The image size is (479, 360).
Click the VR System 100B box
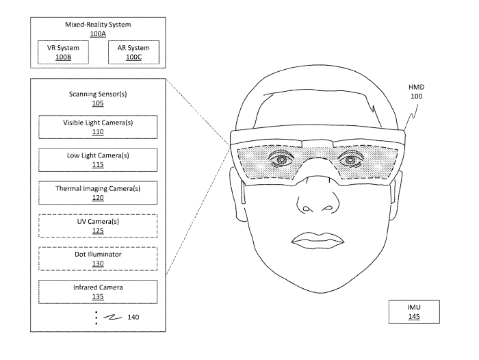[63, 52]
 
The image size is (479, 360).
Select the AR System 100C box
[134, 52]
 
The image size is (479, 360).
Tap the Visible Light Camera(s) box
[98, 127]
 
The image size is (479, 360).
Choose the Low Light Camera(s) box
[98, 160]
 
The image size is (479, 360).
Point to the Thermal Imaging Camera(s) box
[98, 193]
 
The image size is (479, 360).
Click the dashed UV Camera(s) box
[98, 226]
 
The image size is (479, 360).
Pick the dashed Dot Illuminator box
[98, 259]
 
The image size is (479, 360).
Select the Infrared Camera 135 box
[98, 292]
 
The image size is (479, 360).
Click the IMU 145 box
[414, 311]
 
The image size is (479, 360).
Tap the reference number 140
[133, 317]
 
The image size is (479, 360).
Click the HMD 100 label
[416, 92]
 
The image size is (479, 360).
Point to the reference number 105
[98, 103]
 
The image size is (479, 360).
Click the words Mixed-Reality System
[98, 25]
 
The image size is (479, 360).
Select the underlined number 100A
[98, 34]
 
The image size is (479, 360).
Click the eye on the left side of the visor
[282, 159]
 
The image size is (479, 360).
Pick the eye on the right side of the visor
[350, 159]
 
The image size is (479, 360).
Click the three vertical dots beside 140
[96, 318]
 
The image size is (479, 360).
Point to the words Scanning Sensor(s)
[98, 94]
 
